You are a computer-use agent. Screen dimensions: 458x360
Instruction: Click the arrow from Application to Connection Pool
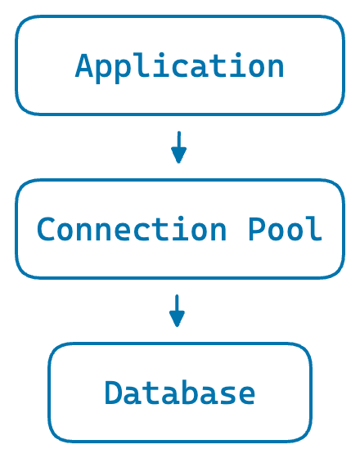tap(178, 146)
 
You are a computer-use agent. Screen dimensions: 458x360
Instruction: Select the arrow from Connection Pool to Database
tap(177, 311)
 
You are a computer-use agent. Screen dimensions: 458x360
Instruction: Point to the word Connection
tap(131, 229)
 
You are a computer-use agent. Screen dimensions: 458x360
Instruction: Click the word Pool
tap(286, 229)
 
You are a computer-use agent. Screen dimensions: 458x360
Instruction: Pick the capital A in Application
tap(84, 65)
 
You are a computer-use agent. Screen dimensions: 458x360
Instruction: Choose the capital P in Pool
tap(257, 229)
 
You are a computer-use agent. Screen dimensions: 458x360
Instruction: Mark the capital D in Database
tap(113, 393)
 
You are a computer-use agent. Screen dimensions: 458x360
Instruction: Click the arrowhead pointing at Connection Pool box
tap(178, 157)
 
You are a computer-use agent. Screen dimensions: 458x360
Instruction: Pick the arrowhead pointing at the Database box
tap(177, 321)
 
